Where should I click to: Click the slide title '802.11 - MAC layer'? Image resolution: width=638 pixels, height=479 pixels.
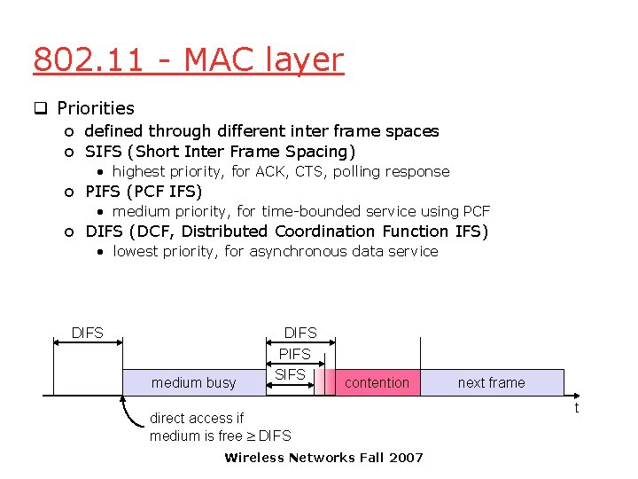coord(188,60)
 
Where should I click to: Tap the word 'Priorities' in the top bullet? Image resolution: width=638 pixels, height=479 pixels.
coord(96,108)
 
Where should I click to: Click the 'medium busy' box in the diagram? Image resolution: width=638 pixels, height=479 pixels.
coord(194,382)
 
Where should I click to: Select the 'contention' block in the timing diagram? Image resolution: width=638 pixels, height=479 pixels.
coord(377,382)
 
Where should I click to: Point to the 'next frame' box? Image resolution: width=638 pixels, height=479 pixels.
coord(491,382)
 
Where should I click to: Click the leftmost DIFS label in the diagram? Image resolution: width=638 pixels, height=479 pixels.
coord(88,333)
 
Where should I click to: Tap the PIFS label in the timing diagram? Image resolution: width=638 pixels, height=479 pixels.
coord(295,354)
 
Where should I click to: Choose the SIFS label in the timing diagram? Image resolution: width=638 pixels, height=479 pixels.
coord(290,374)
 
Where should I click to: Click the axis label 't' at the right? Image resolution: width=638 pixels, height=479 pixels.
coord(576,407)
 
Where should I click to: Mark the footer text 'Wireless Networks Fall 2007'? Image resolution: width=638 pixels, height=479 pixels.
coord(323,458)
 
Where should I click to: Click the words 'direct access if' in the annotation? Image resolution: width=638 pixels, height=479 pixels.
coord(197,418)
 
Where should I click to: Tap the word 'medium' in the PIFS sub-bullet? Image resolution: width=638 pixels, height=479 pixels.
coord(142,211)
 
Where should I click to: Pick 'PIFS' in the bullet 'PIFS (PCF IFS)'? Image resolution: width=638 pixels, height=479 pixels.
coord(105,191)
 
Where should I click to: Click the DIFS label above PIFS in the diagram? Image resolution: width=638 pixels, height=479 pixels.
coord(300,333)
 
